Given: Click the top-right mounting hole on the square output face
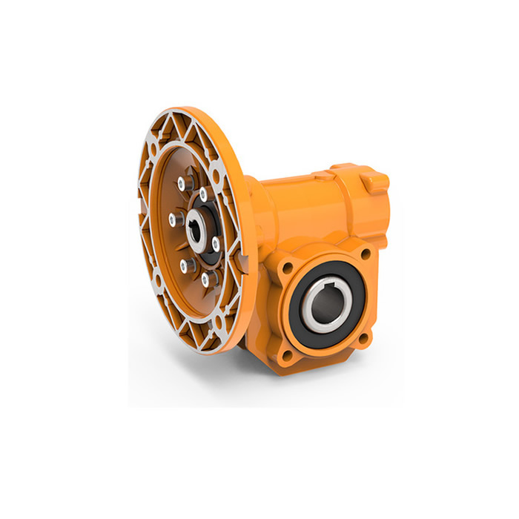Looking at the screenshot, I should click(365, 253).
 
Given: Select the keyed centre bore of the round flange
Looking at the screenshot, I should click(196, 228).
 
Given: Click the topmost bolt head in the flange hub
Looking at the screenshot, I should click(181, 184).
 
